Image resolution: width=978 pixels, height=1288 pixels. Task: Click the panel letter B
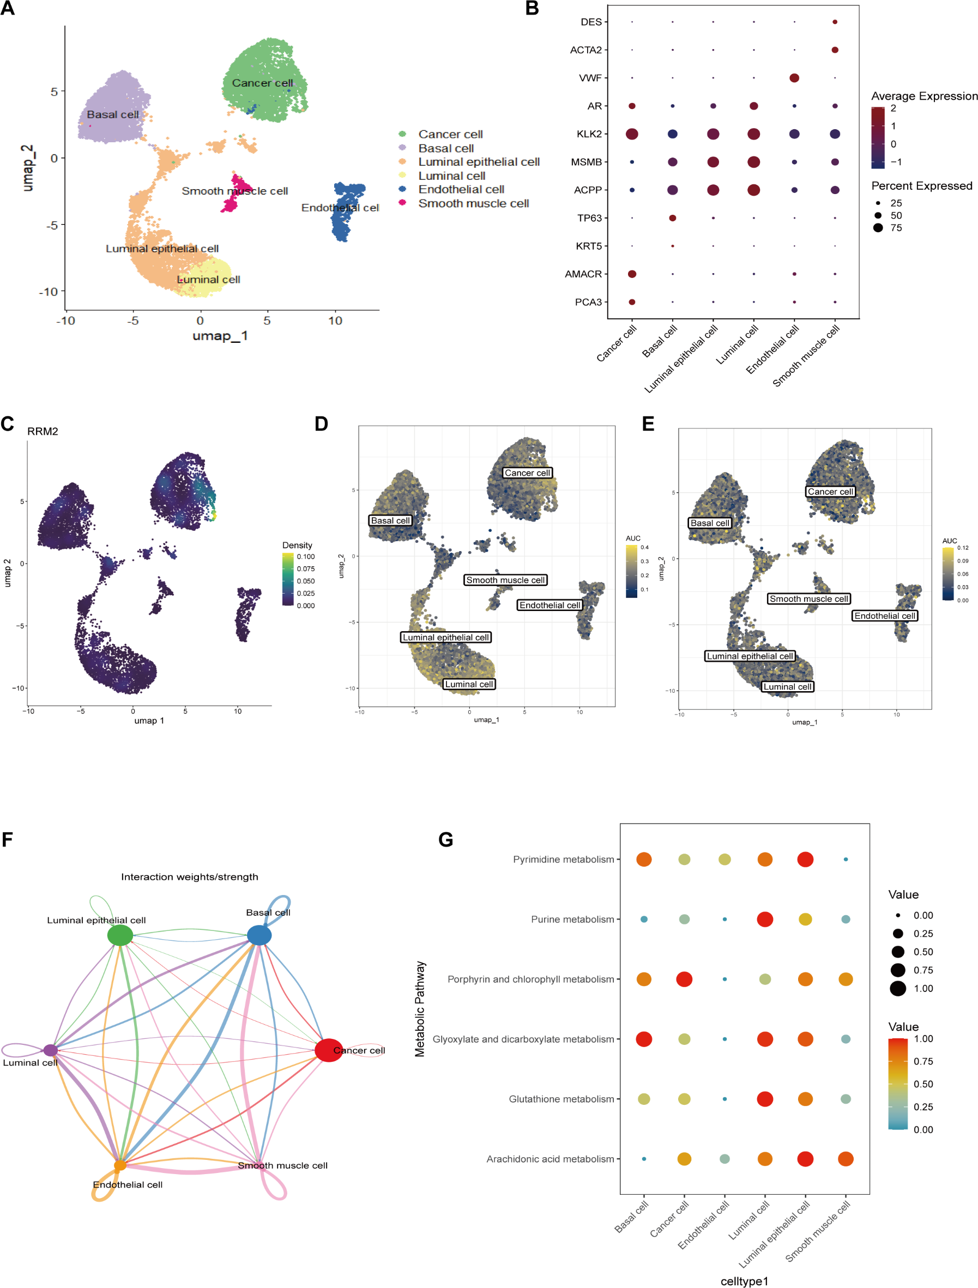[x=532, y=8]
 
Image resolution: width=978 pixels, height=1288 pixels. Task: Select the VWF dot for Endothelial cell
[x=794, y=78]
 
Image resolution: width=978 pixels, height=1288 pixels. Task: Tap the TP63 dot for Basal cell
[x=672, y=219]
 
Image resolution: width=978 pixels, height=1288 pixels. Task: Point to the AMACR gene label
[x=583, y=274]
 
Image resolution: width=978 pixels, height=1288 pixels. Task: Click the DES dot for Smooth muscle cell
[x=835, y=22]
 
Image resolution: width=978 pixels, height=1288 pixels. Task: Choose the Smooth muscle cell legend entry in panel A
[x=473, y=203]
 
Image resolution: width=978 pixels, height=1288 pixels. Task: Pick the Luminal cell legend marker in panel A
[x=402, y=176]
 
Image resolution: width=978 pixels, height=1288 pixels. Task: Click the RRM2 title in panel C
[x=43, y=432]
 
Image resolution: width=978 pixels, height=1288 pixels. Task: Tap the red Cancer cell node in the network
[x=328, y=1050]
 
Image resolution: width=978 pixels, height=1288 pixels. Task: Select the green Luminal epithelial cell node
[x=120, y=935]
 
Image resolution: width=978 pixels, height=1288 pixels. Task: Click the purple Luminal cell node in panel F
[x=51, y=1050]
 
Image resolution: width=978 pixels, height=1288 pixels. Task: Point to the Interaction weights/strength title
[x=189, y=877]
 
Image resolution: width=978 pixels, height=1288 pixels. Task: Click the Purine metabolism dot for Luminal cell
[x=765, y=920]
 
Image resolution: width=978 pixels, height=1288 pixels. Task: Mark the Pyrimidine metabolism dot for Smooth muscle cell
[x=846, y=860]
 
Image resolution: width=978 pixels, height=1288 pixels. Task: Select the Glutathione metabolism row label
[x=561, y=1099]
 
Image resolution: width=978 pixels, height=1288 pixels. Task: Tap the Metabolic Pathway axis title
[x=419, y=1008]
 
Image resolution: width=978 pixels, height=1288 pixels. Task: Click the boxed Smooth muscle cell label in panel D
[x=505, y=580]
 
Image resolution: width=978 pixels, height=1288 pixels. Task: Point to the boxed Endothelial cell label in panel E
[x=884, y=615]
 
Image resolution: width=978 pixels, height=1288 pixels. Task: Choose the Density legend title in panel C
[x=297, y=545]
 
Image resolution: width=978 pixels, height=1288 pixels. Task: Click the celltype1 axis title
[x=744, y=1281]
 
